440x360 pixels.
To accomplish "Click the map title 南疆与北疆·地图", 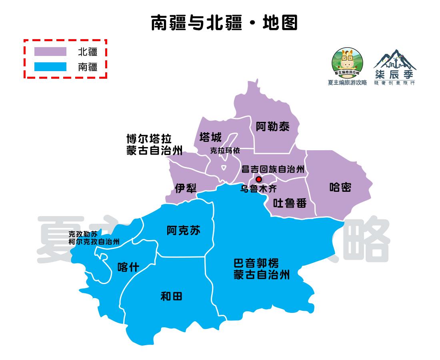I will (x=224, y=23).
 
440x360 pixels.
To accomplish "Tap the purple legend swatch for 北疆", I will (x=50, y=52).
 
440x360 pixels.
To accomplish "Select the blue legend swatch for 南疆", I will (x=50, y=66).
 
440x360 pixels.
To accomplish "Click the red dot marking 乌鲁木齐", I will (x=259, y=179).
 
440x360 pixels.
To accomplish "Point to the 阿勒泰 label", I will (x=273, y=127).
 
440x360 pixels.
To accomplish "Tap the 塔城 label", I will (x=210, y=137).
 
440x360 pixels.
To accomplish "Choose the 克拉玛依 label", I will (x=225, y=151).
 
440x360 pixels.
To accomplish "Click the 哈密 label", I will (x=340, y=187).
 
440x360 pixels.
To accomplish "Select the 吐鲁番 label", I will (x=290, y=203).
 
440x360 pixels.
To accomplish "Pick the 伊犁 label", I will (x=186, y=188).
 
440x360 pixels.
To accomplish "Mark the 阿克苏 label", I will (x=184, y=231).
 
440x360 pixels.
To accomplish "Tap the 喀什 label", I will (x=128, y=267).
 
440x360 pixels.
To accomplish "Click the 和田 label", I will (x=171, y=296).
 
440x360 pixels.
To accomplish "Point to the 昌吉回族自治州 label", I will (x=273, y=169).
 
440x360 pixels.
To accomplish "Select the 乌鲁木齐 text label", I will (x=258, y=189).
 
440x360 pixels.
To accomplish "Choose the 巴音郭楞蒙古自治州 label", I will (x=262, y=269).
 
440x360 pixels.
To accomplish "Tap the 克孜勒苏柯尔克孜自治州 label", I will (x=94, y=238).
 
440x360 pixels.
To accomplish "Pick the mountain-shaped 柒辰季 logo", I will (x=394, y=66).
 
